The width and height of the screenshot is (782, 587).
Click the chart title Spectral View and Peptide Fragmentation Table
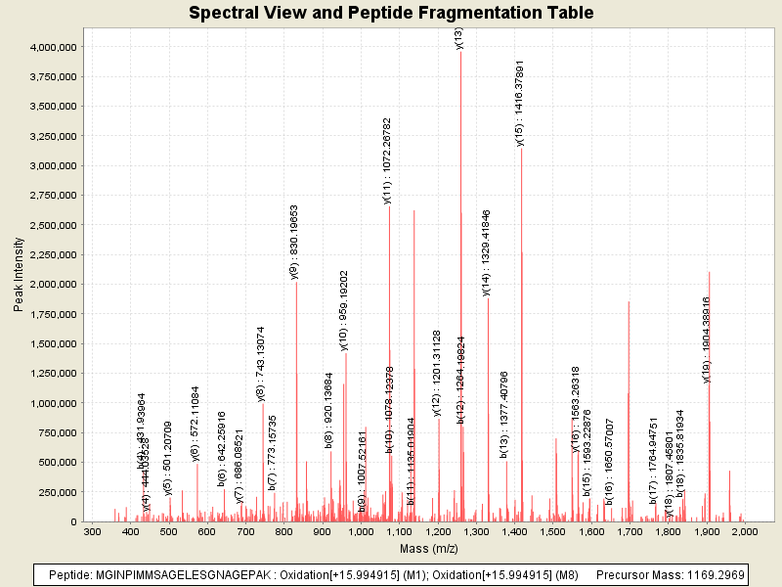tap(391, 13)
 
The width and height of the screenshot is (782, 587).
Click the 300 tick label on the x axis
tap(93, 531)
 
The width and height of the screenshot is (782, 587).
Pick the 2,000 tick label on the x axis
tap(745, 531)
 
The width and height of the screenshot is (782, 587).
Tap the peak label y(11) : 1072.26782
tap(388, 159)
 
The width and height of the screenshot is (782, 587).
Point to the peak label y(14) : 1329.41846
tap(487, 252)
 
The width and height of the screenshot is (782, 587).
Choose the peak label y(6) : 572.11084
tap(195, 423)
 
